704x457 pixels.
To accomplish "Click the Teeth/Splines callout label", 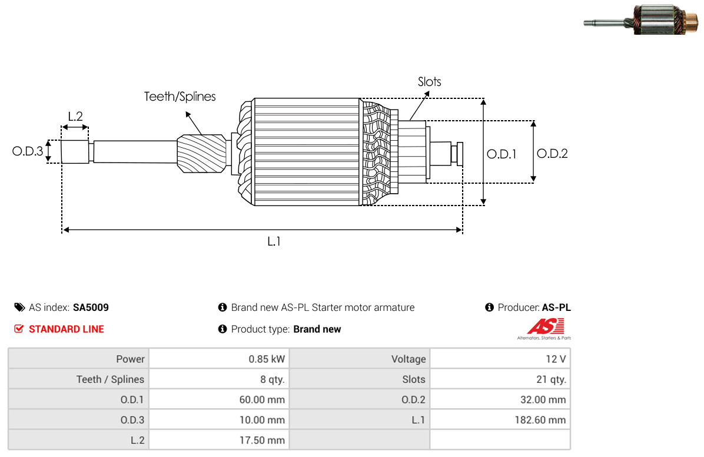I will [180, 97].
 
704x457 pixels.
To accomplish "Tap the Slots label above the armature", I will [429, 82].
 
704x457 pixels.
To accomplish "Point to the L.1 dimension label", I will [274, 241].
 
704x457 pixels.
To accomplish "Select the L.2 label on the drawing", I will [75, 116].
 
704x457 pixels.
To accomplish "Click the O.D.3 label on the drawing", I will [28, 151].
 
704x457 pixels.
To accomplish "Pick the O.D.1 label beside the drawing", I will [502, 154].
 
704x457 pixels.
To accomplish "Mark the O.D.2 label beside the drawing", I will [552, 154].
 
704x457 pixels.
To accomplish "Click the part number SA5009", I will [91, 307].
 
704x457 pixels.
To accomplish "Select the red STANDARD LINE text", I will [67, 329].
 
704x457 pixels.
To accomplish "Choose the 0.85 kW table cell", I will [266, 359].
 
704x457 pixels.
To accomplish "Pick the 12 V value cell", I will [555, 359].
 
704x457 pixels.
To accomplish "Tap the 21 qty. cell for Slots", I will [552, 379].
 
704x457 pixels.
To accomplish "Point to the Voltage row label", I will [408, 359].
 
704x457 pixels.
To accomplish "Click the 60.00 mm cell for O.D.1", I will [261, 400].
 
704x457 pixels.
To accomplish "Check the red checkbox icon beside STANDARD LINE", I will [19, 329].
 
